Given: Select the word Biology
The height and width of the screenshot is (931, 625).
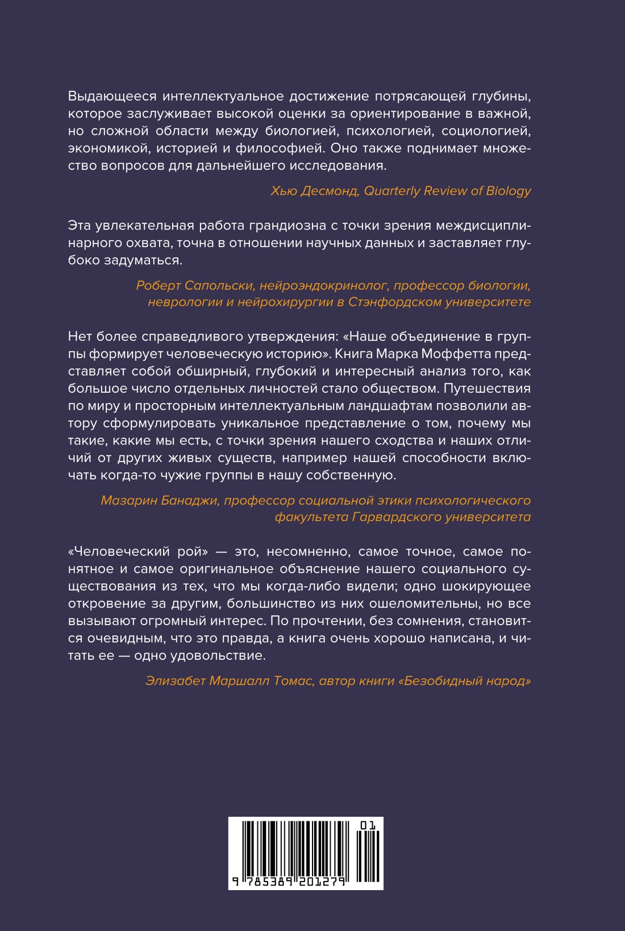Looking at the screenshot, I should pyautogui.click(x=509, y=191).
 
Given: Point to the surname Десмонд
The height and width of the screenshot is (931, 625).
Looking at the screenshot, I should pyautogui.click(x=331, y=191).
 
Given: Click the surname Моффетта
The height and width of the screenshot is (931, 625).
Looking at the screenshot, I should pyautogui.click(x=451, y=354).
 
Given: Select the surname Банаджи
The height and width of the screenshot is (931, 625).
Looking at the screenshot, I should pyautogui.click(x=190, y=501).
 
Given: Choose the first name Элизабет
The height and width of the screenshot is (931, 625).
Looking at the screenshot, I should pyautogui.click(x=174, y=681).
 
